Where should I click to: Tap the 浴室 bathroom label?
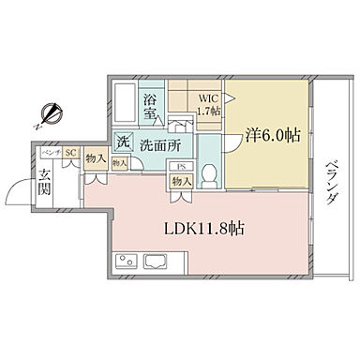click(x=149, y=106)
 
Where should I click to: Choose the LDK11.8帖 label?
click(x=209, y=228)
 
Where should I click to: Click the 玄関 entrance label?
click(x=46, y=177)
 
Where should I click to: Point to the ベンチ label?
click(x=50, y=152)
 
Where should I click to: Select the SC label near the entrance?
click(x=69, y=152)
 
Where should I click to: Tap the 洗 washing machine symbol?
click(x=123, y=143)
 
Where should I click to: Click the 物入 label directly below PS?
click(x=183, y=182)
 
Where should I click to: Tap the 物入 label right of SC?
click(x=94, y=159)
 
